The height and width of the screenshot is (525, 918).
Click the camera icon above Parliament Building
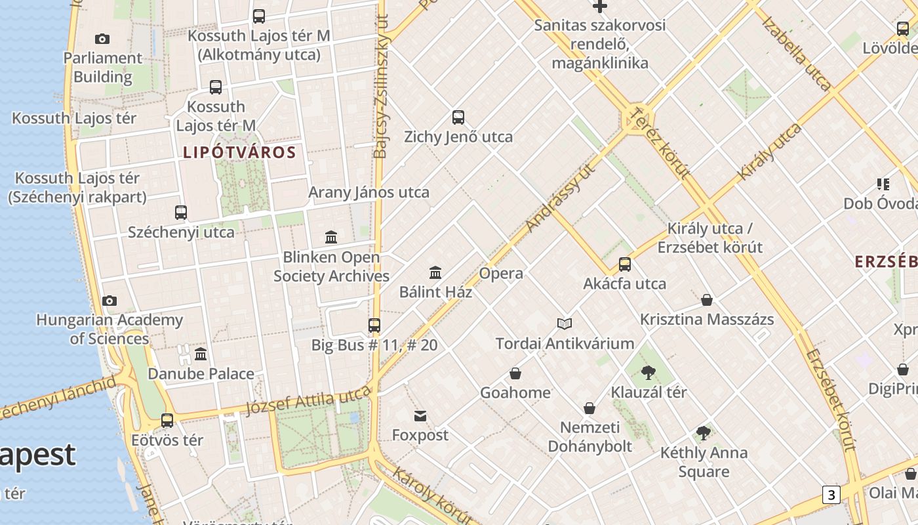click(x=102, y=39)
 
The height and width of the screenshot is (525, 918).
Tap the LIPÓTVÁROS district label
click(x=239, y=153)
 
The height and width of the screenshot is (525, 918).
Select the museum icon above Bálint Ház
click(x=435, y=272)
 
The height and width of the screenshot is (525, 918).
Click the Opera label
click(x=501, y=273)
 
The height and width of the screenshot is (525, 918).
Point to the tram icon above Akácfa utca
click(x=625, y=264)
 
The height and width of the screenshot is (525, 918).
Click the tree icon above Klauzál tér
click(x=649, y=373)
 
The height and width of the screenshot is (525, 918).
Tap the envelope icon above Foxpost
click(x=420, y=416)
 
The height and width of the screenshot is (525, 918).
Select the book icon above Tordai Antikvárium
click(x=565, y=324)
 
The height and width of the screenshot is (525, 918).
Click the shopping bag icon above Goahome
click(x=515, y=373)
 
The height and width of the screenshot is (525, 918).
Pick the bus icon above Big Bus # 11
click(x=374, y=325)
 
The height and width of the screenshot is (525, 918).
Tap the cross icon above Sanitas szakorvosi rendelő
click(x=599, y=7)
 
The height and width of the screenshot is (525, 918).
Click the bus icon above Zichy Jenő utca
click(x=458, y=117)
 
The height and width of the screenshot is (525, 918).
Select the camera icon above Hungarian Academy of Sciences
click(x=110, y=301)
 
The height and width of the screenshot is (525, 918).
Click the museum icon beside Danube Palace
click(x=201, y=354)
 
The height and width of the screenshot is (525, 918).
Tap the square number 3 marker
click(x=831, y=495)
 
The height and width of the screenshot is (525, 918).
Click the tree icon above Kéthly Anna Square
click(x=704, y=433)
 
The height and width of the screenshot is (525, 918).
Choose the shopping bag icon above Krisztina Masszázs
click(x=707, y=300)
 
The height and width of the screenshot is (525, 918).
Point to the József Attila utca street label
click(x=308, y=400)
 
